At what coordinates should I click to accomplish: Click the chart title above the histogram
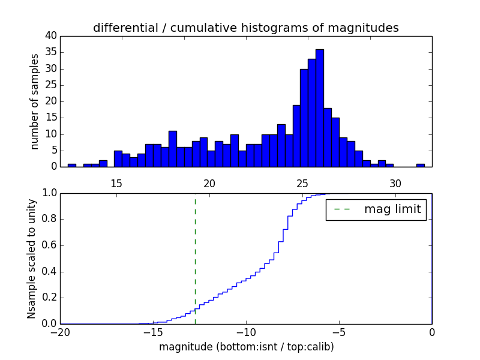click(x=245, y=28)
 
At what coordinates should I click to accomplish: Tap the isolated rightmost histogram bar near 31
click(x=420, y=165)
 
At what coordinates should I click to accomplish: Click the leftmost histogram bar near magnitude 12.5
click(x=72, y=165)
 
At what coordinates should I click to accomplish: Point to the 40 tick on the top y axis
click(x=51, y=36)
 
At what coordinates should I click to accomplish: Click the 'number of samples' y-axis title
click(x=35, y=101)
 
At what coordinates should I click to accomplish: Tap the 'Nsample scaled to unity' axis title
click(x=32, y=258)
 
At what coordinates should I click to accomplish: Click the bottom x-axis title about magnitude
click(x=246, y=347)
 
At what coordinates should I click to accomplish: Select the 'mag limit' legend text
click(x=392, y=209)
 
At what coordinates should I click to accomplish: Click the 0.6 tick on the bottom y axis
click(x=50, y=245)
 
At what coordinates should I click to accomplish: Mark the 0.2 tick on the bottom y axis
click(x=50, y=298)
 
